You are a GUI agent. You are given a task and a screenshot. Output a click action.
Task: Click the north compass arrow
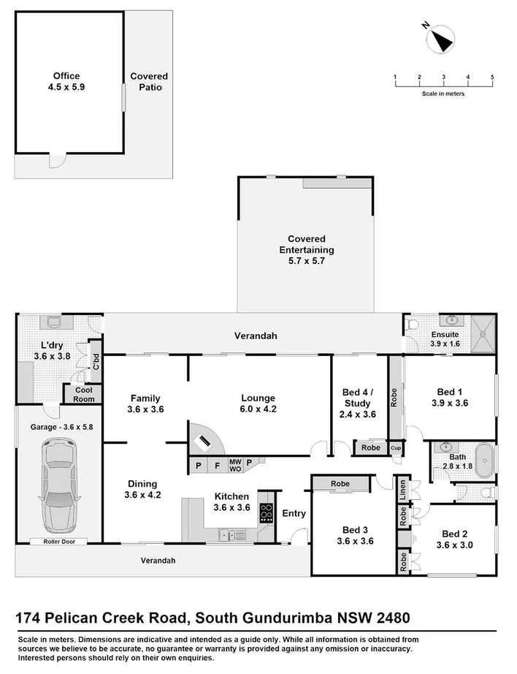(x=441, y=37)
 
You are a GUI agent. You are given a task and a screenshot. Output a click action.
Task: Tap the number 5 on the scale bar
(x=492, y=77)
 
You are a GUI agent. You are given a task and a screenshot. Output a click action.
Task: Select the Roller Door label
(x=59, y=542)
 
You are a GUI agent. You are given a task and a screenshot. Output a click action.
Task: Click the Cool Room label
(x=84, y=395)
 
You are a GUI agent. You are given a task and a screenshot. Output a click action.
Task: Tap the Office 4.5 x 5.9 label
(x=66, y=80)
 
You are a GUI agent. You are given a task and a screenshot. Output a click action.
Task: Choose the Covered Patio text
(x=149, y=81)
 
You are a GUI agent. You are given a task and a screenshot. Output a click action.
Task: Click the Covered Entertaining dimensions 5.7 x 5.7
(x=306, y=260)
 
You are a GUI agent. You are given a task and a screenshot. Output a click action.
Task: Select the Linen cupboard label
(x=403, y=492)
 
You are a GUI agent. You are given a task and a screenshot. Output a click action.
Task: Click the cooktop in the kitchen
(x=266, y=514)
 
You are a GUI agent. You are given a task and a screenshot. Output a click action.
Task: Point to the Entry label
(x=294, y=513)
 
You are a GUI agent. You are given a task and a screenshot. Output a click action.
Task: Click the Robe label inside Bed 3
(x=340, y=484)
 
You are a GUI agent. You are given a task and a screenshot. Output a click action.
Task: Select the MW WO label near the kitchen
(x=235, y=464)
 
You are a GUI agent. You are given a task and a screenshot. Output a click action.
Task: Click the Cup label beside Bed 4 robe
(x=396, y=447)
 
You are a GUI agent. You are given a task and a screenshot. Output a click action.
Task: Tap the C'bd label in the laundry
(x=96, y=360)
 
